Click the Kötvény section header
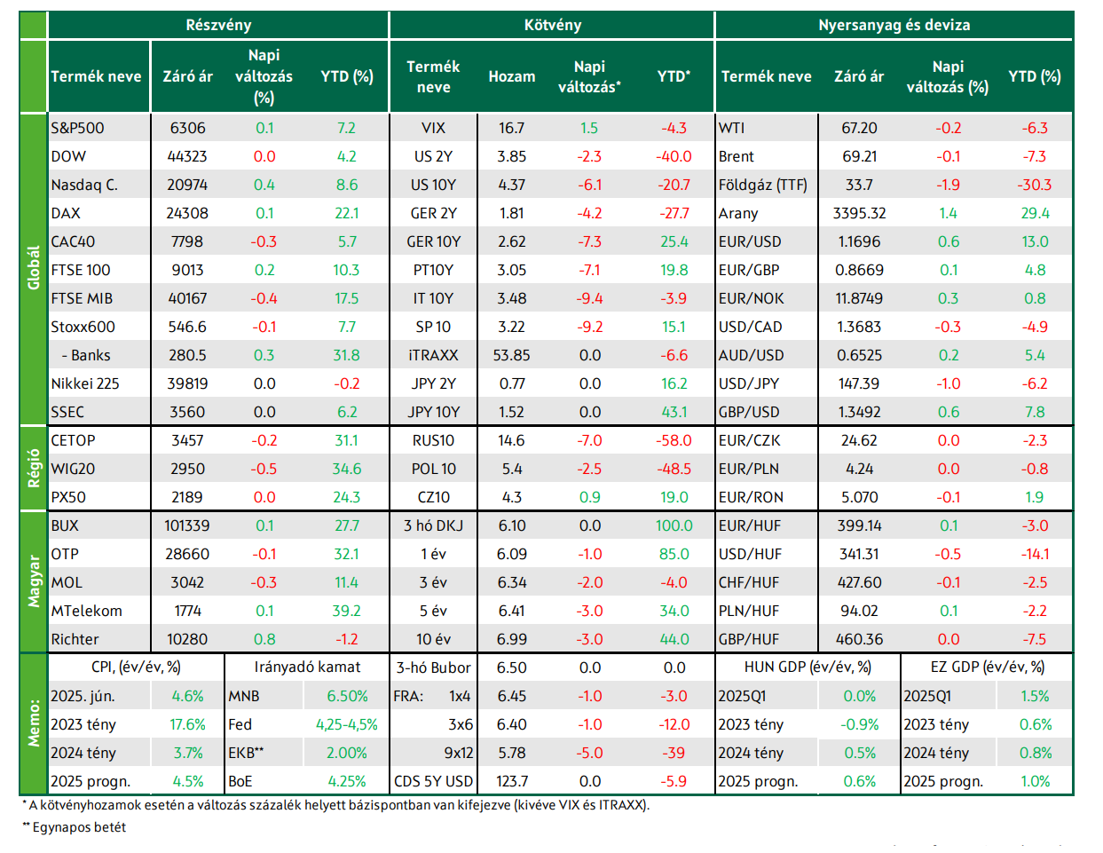pos(552,25)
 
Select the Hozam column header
pos(512,76)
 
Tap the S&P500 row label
pos(77,128)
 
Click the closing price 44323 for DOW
pos(187,156)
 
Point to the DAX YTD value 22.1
pos(347,213)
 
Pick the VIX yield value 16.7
pos(511,128)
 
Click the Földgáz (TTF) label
pos(762,185)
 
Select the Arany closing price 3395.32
pos(859,213)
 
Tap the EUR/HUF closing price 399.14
pos(859,525)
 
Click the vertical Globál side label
pos(34,267)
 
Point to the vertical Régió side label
pos(34,468)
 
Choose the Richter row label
pos(75,639)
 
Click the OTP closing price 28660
pos(187,554)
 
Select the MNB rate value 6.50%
pos(347,696)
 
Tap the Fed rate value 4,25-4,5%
pos(347,724)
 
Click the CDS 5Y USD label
pos(434,781)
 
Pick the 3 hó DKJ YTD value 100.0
pos(674,525)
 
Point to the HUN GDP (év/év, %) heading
pos(808,667)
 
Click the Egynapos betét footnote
pos(75,827)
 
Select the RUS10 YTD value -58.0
pos(674,440)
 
